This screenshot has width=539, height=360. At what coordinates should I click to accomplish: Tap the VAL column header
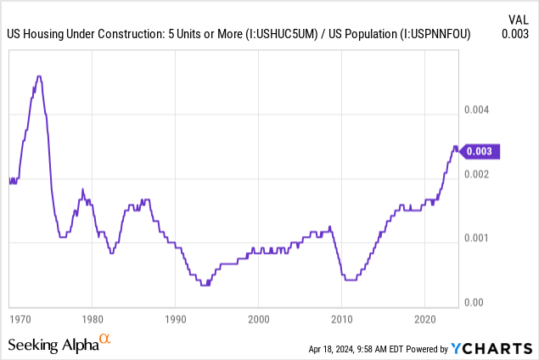519,18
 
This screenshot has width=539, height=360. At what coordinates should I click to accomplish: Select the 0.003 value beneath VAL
517,34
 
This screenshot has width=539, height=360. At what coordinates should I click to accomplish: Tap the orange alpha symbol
104,340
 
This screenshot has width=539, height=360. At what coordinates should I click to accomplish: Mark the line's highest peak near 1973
38,76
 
